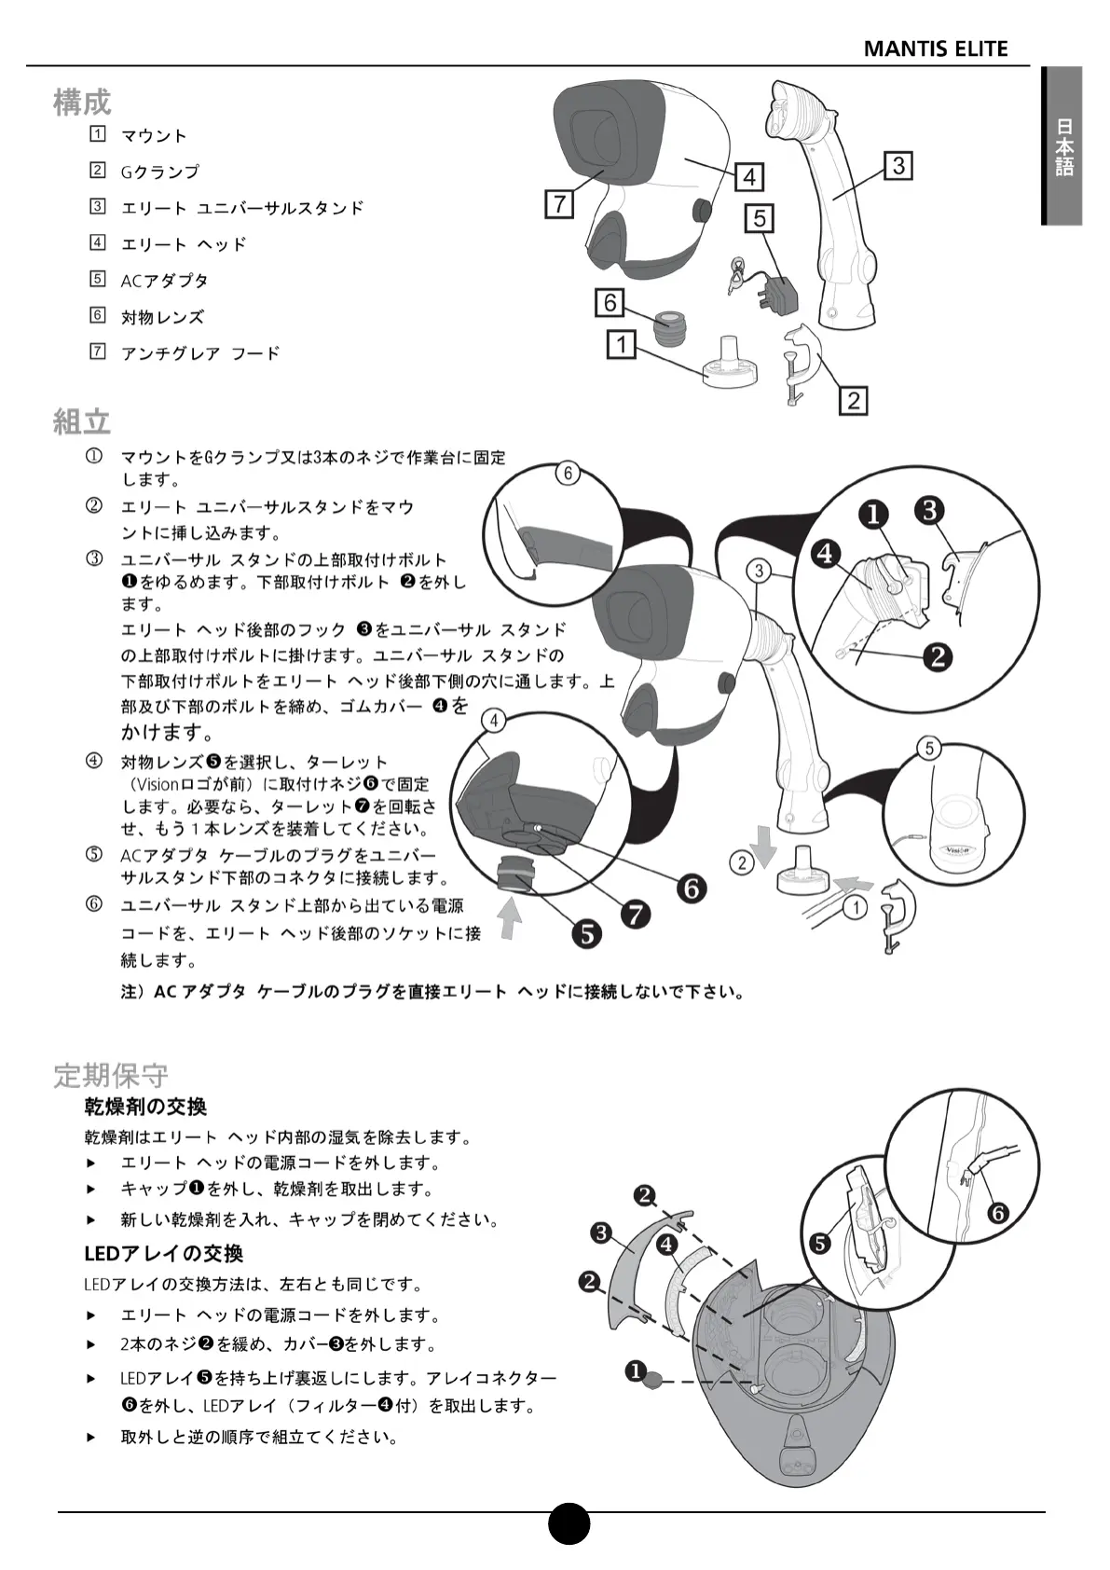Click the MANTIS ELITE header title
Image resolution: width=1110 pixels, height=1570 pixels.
[x=935, y=48]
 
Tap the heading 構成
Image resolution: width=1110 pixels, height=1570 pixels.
[x=82, y=102]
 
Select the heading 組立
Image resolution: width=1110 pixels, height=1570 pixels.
[x=82, y=421]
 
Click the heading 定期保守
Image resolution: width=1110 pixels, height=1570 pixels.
[x=110, y=1075]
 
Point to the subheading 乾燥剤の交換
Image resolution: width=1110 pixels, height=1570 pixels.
[x=145, y=1107]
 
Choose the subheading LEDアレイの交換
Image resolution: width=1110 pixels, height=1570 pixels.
[x=163, y=1253]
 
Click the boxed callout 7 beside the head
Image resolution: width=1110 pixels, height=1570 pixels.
[x=559, y=204]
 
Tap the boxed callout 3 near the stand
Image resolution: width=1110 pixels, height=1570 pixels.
[x=898, y=166]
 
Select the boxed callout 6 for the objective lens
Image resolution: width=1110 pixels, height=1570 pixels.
[x=610, y=302]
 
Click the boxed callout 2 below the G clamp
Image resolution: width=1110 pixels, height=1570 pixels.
[x=853, y=401]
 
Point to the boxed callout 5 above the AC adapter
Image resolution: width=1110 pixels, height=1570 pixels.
[x=760, y=218]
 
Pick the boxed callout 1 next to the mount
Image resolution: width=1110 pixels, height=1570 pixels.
[x=621, y=345]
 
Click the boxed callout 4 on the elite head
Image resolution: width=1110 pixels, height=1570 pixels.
[x=749, y=176]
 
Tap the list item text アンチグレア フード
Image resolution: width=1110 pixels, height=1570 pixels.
[x=199, y=353]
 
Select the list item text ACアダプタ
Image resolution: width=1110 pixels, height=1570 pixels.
[x=164, y=281]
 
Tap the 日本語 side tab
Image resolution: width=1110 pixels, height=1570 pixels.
[x=1063, y=146]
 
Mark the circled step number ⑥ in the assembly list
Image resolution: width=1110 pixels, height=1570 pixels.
[x=94, y=903]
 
